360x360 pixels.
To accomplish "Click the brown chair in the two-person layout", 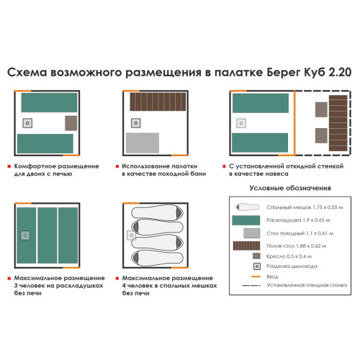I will coord(71,122).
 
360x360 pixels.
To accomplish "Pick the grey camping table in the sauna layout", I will coord(139,141).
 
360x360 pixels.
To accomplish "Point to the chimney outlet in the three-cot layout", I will coord(26,235).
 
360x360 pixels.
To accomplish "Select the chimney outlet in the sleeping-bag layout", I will coord(131,235).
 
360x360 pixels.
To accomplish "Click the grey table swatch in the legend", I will coord(248,234).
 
